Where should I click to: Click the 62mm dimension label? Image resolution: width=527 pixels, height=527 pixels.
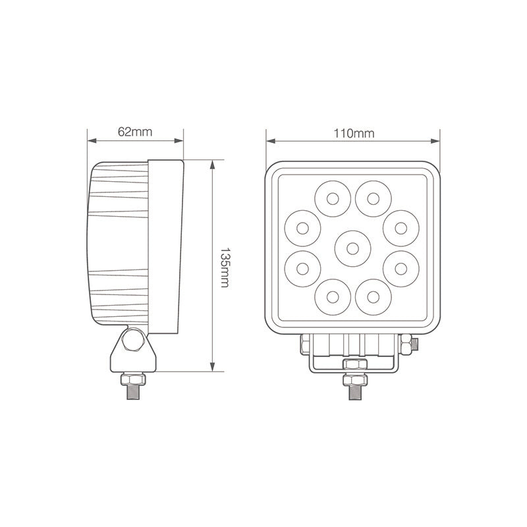pyautogui.click(x=135, y=131)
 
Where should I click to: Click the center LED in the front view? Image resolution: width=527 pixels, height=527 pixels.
pyautogui.click(x=352, y=248)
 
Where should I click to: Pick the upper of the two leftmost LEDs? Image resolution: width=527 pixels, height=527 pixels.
pyautogui.click(x=303, y=227)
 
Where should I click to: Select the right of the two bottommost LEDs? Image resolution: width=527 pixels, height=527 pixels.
pyautogui.click(x=374, y=297)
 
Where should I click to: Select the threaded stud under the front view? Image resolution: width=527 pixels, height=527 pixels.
pyautogui.click(x=352, y=393)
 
